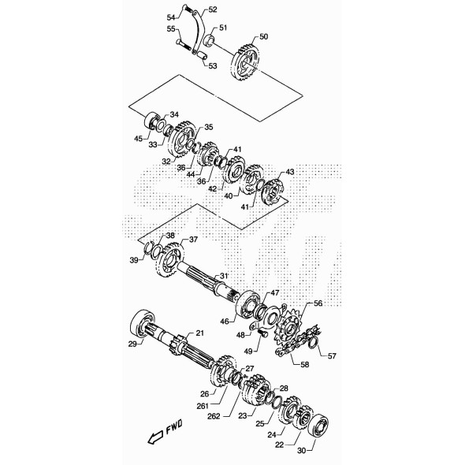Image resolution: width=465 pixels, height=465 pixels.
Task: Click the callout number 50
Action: pos(262,37)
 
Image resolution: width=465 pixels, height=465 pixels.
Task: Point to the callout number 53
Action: pos(212,66)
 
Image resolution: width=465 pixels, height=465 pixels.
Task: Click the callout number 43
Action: pos(289,172)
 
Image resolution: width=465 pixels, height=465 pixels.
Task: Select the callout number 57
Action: pos(332,356)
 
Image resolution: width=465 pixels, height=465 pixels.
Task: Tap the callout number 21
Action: pos(199,333)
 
